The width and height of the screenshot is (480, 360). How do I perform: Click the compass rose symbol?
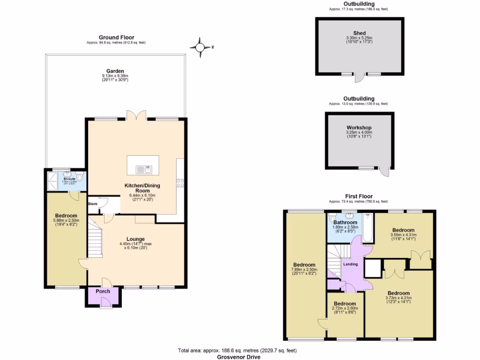pyautogui.click(x=200, y=47)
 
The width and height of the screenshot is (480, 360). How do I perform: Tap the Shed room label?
pyautogui.click(x=359, y=33)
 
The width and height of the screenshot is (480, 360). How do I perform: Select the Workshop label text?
pyautogui.click(x=359, y=127)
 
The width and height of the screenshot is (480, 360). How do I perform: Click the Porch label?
pyautogui.click(x=103, y=291)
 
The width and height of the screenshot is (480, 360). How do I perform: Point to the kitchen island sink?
pyautogui.click(x=142, y=169)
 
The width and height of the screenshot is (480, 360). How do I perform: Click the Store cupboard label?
pyautogui.click(x=92, y=204)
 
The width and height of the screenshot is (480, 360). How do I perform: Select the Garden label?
pyautogui.click(x=115, y=71)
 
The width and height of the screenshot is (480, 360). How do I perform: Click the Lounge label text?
pyautogui.click(x=135, y=239)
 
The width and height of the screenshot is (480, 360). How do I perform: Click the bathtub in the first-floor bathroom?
pyautogui.click(x=367, y=228)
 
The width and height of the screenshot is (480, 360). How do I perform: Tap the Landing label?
pyautogui.click(x=351, y=264)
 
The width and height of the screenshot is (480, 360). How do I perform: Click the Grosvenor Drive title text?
pyautogui.click(x=239, y=357)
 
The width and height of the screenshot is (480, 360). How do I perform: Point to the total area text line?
pyautogui.click(x=237, y=351)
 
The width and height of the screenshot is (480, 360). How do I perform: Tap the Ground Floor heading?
pyautogui.click(x=116, y=37)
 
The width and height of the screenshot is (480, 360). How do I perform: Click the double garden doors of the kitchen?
pyautogui.click(x=134, y=116)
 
